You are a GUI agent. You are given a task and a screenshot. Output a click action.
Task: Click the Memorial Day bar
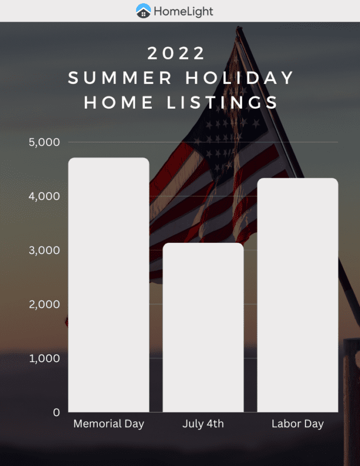pyautogui.click(x=109, y=285)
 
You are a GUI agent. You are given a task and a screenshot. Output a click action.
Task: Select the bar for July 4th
pyautogui.click(x=203, y=328)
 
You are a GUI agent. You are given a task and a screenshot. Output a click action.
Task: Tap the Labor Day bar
pyautogui.click(x=297, y=295)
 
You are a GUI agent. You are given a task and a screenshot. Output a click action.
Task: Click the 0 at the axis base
pyautogui.click(x=56, y=412)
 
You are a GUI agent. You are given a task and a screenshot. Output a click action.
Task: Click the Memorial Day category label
pyautogui.click(x=109, y=424)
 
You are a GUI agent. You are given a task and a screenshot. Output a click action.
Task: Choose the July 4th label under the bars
pyautogui.click(x=203, y=424)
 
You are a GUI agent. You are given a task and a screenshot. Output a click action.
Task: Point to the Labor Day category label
pyautogui.click(x=297, y=424)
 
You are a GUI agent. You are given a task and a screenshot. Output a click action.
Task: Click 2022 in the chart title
pyautogui.click(x=177, y=53)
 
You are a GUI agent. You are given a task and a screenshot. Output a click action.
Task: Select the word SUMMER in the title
pyautogui.click(x=120, y=78)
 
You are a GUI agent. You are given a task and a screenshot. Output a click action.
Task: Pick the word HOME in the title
pyautogui.click(x=119, y=102)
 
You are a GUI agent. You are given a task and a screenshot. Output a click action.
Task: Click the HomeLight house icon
pyautogui.click(x=143, y=10)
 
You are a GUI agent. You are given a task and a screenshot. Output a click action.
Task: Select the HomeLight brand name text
pyautogui.click(x=183, y=11)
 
